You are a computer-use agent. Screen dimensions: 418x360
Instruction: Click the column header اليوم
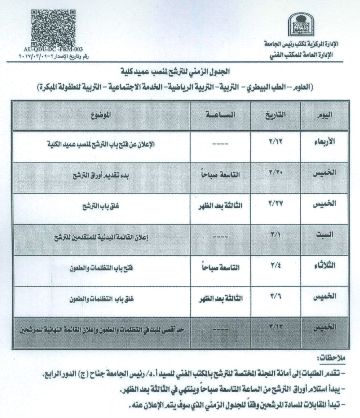point(324,115)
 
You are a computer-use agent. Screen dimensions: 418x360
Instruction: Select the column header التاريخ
point(276,115)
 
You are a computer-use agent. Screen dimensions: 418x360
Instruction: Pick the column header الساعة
point(220,115)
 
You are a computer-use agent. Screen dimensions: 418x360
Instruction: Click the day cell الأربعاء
point(324,142)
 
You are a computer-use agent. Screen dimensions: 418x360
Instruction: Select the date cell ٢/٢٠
point(276,173)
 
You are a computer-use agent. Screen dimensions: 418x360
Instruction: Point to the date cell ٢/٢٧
point(276,204)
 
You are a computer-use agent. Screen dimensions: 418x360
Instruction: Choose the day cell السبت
point(324,235)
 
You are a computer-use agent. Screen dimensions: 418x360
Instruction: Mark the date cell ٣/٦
point(276,296)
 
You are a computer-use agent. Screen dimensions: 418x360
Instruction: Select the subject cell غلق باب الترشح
point(102,207)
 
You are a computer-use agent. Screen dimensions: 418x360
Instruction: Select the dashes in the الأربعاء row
point(220,145)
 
